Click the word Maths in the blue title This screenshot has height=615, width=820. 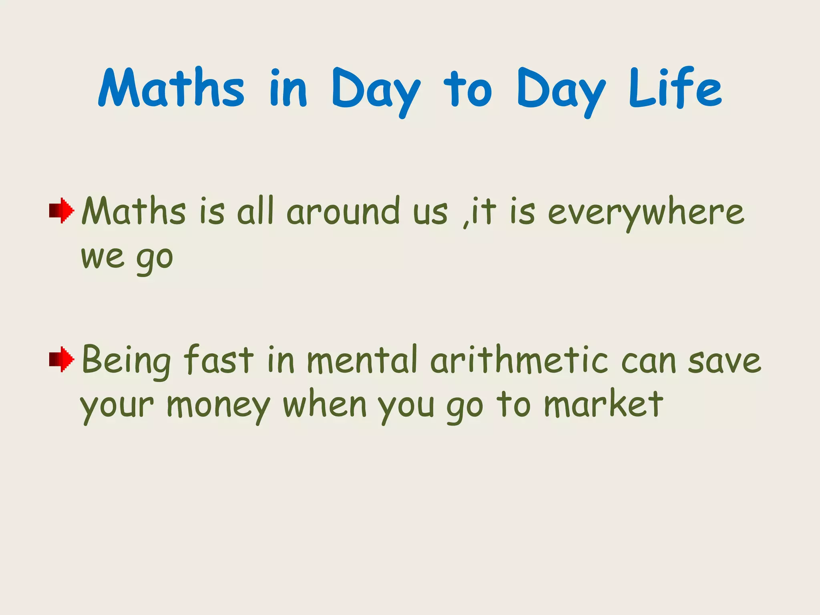171,88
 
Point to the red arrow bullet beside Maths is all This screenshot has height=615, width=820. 61,210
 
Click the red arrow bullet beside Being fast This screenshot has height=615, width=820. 61,359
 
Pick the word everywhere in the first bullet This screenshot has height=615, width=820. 645,212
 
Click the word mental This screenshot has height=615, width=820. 362,360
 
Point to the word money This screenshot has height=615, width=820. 219,406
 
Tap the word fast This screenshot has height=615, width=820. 219,360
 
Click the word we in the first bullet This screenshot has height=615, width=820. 102,257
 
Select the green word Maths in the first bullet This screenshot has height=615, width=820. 134,211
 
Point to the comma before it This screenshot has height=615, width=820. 466,222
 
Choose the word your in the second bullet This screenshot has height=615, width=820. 117,406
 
